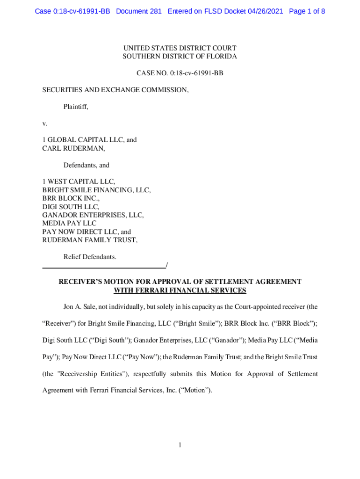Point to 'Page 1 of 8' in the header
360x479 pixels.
point(307,11)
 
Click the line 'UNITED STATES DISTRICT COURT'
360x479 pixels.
point(180,48)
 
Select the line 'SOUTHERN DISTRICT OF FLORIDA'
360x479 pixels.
point(180,57)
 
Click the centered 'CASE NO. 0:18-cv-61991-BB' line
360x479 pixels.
point(180,73)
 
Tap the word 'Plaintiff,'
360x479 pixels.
point(76,107)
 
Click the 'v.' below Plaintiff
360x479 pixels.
point(45,123)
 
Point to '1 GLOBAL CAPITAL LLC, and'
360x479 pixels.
point(89,140)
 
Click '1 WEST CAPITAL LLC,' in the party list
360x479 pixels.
point(79,181)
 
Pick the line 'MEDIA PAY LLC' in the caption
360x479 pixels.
point(69,224)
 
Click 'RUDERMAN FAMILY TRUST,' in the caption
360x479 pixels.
point(90,240)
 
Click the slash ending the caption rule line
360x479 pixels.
point(167,266)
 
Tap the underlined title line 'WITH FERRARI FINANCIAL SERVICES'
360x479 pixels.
point(180,290)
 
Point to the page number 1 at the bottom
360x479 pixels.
point(180,445)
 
